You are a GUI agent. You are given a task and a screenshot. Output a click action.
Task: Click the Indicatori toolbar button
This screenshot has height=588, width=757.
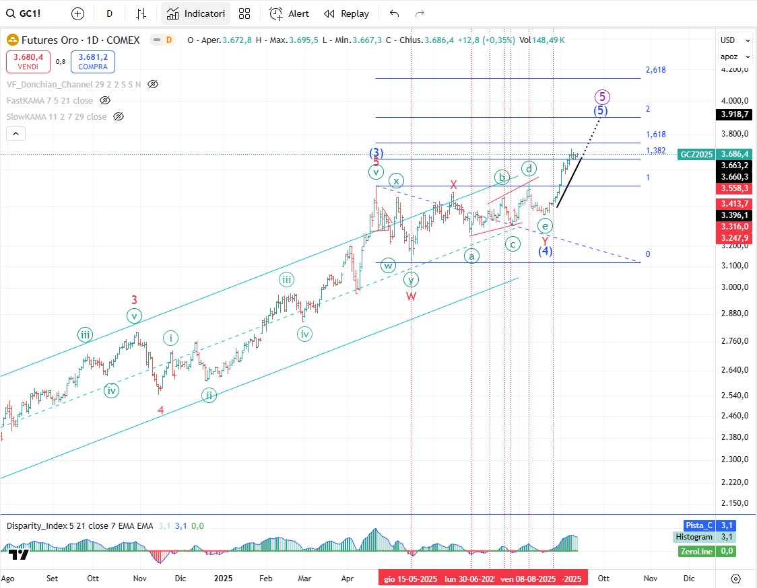[195, 13]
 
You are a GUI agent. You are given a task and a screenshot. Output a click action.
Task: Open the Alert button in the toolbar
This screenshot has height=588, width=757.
[290, 13]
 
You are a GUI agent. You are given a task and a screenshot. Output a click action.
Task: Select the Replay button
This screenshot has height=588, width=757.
[346, 13]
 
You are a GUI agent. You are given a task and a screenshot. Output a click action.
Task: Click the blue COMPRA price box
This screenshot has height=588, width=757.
[93, 62]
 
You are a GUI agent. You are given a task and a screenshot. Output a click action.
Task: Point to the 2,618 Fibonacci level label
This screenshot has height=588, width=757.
[655, 70]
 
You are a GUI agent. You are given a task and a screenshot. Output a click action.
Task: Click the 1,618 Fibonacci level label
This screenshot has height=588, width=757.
[655, 135]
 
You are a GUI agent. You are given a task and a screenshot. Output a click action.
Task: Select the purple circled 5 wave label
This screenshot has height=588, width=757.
[603, 96]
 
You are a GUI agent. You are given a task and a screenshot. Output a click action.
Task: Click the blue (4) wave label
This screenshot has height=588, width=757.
[545, 251]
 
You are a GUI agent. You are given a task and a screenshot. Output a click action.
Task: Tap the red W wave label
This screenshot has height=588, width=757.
[411, 296]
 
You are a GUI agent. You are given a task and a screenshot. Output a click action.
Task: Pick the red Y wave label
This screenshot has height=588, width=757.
[544, 240]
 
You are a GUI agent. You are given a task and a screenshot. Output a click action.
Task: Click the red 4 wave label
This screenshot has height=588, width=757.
[160, 410]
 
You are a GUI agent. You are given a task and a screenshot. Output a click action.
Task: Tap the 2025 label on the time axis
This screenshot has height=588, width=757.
[222, 578]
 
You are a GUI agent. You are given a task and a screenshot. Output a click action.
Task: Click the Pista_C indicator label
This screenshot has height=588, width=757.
[698, 525]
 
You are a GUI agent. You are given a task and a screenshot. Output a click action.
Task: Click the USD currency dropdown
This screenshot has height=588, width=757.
[729, 40]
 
